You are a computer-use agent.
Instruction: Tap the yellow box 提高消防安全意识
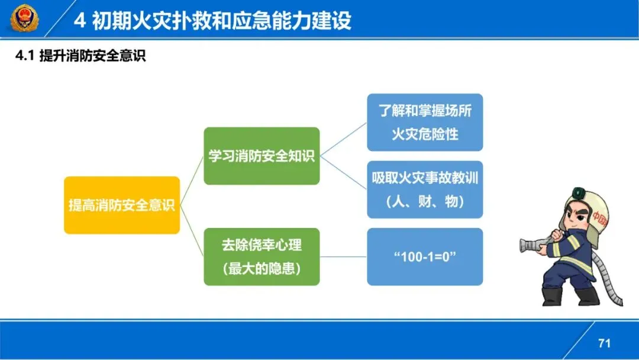pos(121,205)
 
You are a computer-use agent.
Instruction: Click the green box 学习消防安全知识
pos(262,156)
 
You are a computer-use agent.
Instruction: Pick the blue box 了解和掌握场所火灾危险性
pos(425,122)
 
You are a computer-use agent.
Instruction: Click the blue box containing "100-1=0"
pos(425,256)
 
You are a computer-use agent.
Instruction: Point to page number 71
pos(604,343)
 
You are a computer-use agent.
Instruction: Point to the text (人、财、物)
pos(425,201)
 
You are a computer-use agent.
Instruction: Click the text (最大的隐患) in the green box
pos(262,269)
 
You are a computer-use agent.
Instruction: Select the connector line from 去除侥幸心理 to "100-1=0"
pos(343,256)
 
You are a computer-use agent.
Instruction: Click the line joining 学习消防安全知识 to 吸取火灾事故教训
pos(343,172)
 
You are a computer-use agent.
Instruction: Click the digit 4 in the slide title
pos(80,21)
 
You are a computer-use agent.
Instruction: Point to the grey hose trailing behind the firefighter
pos(609,278)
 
